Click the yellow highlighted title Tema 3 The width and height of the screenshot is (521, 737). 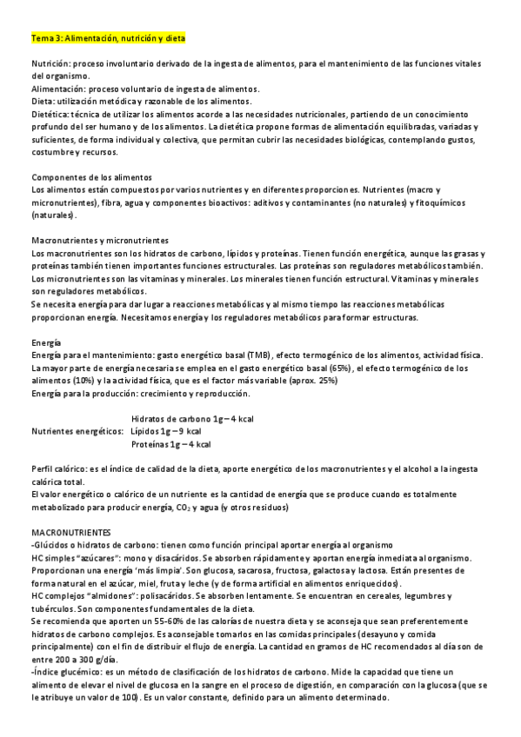coord(107,39)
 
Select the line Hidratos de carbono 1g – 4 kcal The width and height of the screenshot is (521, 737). coord(191,419)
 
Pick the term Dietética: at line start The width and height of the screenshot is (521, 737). coord(51,115)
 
